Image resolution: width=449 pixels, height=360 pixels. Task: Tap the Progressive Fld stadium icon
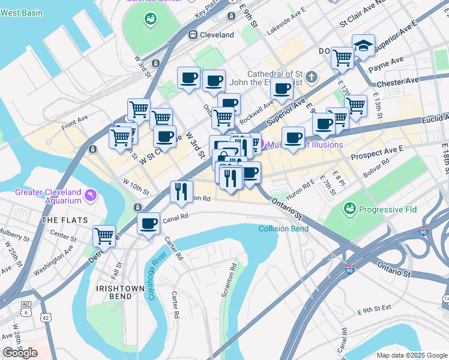[349, 209]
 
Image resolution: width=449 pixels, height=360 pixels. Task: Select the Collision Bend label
[284, 229]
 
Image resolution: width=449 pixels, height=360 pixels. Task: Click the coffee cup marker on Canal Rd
[148, 224]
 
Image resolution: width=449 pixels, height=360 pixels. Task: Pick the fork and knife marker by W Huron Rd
[181, 191]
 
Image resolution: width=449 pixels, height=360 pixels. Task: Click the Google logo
[20, 353]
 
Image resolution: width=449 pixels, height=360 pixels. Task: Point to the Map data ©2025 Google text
[411, 355]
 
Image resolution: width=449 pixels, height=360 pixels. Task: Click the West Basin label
[21, 12]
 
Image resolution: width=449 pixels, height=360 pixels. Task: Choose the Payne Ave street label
[389, 62]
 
